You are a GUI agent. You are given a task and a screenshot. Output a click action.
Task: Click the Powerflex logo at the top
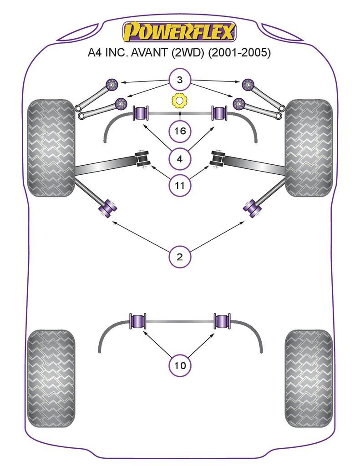click(x=180, y=32)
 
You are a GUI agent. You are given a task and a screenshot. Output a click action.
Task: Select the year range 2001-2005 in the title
click(x=239, y=53)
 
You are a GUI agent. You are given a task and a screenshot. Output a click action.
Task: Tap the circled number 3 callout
click(x=180, y=81)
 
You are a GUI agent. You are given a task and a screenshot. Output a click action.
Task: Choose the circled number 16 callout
click(x=180, y=132)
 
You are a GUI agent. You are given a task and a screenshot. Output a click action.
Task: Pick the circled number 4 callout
click(x=180, y=159)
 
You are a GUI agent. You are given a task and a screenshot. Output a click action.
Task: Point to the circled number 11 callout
click(x=180, y=185)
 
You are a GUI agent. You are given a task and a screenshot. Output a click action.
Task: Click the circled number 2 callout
click(x=180, y=257)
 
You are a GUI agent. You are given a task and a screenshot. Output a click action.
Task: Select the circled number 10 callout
click(x=180, y=365)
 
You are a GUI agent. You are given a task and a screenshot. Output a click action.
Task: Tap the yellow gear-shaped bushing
click(x=180, y=101)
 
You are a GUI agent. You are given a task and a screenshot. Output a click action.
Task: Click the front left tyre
click(x=51, y=148)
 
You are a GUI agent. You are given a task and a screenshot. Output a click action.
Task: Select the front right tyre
click(x=309, y=148)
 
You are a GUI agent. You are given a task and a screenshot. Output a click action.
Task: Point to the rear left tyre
click(x=51, y=378)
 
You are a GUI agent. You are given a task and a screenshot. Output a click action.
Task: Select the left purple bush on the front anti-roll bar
click(x=140, y=113)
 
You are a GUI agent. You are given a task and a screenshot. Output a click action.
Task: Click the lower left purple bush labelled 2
click(x=108, y=208)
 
